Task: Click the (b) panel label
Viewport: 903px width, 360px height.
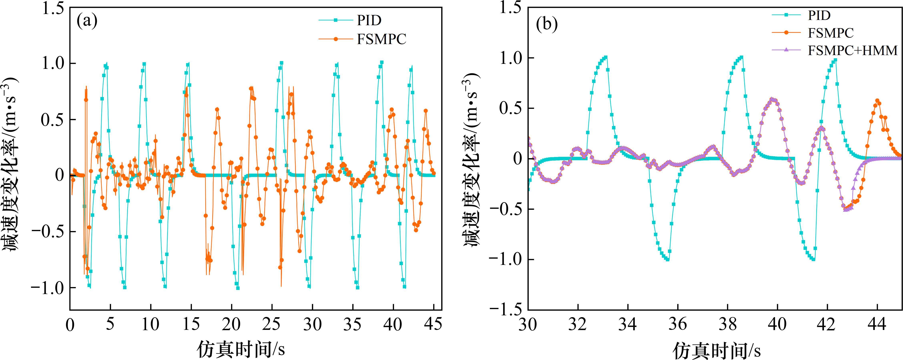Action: click(547, 26)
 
